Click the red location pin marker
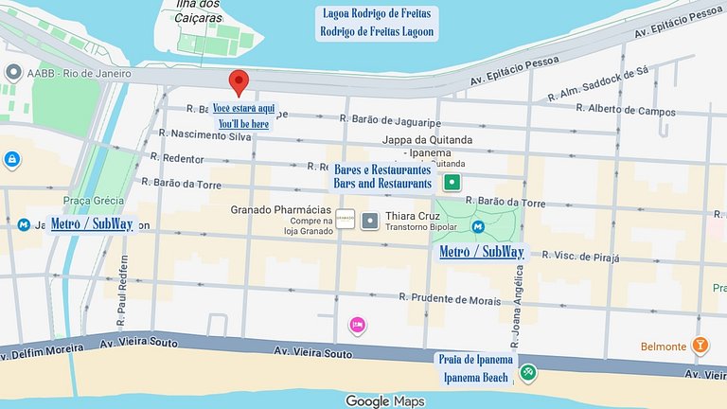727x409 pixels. click(x=239, y=81)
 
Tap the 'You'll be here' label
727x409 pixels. click(x=244, y=124)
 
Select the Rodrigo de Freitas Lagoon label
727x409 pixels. click(x=377, y=32)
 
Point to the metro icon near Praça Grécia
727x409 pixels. click(x=24, y=225)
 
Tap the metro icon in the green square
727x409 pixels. click(x=479, y=226)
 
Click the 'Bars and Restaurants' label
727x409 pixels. click(x=382, y=182)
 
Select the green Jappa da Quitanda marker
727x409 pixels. click(x=452, y=182)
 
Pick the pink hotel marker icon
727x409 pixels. click(x=358, y=326)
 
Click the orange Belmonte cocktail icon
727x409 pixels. click(x=700, y=346)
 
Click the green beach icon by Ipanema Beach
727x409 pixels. click(x=528, y=373)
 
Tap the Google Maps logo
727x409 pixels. click(x=384, y=401)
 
